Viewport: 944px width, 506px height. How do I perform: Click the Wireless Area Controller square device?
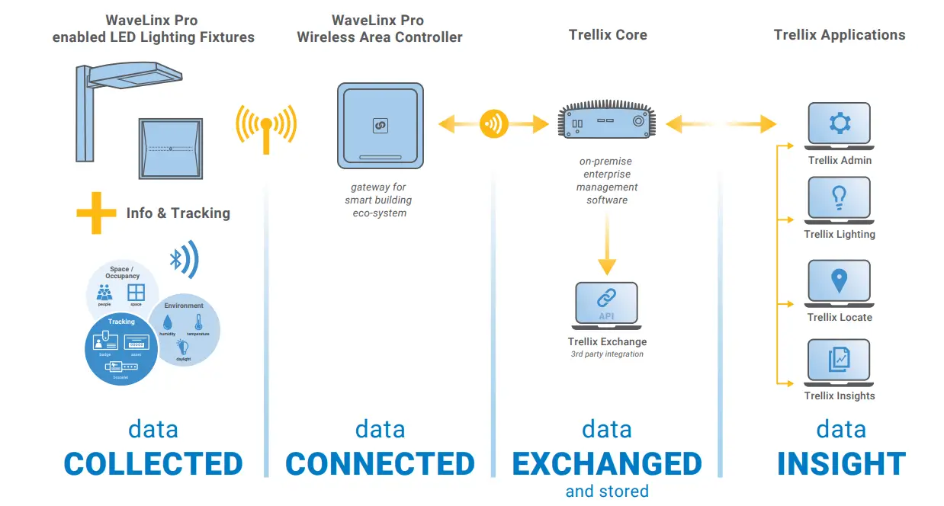coord(380,126)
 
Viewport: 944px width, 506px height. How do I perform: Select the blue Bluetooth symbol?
coord(177,260)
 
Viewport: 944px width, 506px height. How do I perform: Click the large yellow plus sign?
coord(96,213)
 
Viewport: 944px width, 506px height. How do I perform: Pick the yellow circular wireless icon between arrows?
coord(494,123)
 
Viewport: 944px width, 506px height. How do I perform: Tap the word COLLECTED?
coord(153,464)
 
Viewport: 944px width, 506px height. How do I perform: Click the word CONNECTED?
coord(380,464)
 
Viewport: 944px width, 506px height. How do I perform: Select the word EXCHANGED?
coord(607,464)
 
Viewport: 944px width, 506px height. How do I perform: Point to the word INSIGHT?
coord(841,464)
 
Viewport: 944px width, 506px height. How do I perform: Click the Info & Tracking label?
coord(178,213)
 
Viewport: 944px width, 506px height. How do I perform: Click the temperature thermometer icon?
coord(197,323)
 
